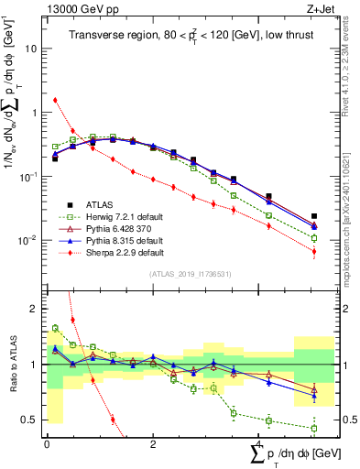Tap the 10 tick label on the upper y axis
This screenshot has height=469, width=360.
(33, 49)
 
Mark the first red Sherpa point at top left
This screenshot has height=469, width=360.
(55, 100)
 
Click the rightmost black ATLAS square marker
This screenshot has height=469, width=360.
(314, 216)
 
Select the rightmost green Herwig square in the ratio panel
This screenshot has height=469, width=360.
(314, 428)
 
